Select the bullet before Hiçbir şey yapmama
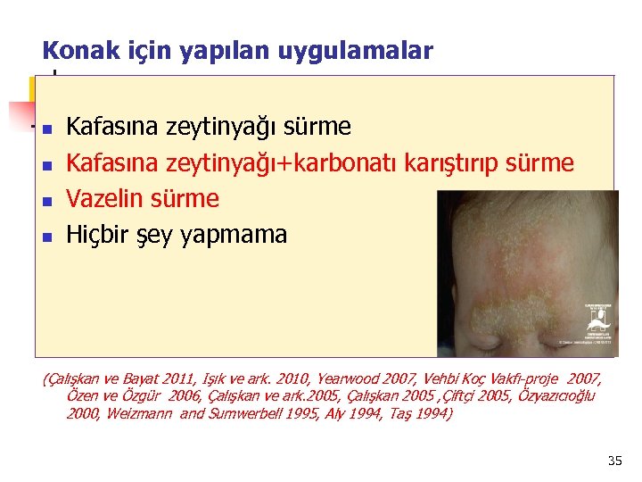click(x=48, y=237)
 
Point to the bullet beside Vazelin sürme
click(x=48, y=201)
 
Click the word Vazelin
click(x=107, y=199)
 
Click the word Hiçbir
click(x=100, y=235)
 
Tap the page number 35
click(x=613, y=461)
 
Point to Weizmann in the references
click(x=131, y=413)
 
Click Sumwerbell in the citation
click(x=234, y=413)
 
